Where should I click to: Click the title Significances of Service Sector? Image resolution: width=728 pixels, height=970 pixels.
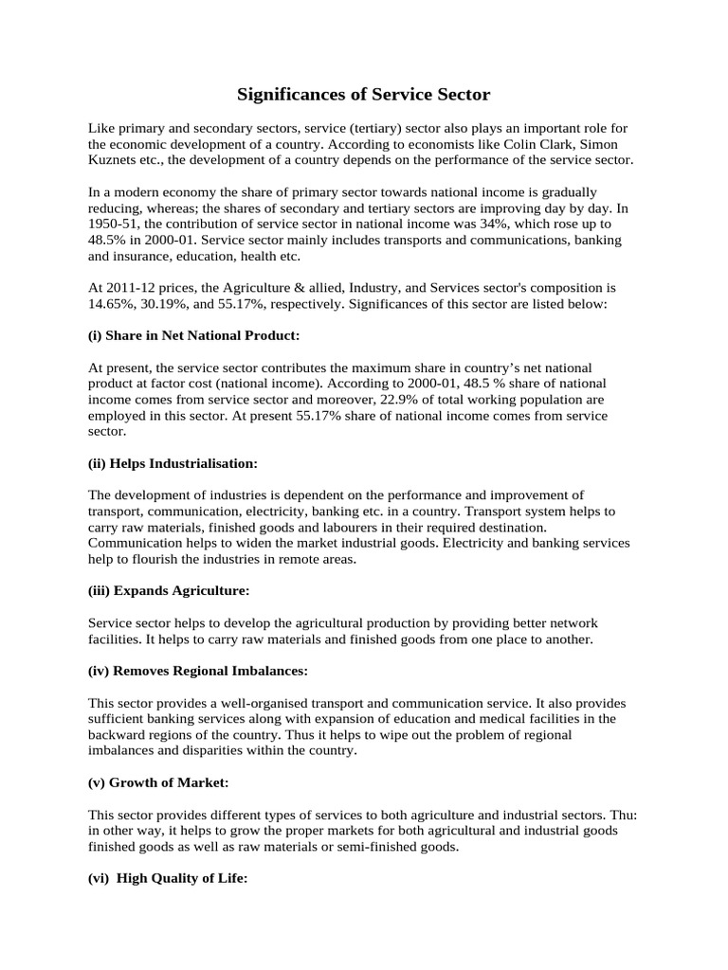pos(363,95)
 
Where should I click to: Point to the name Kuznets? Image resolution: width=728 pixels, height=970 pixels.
pos(114,160)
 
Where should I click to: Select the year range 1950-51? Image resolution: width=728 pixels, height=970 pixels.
pos(114,225)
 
